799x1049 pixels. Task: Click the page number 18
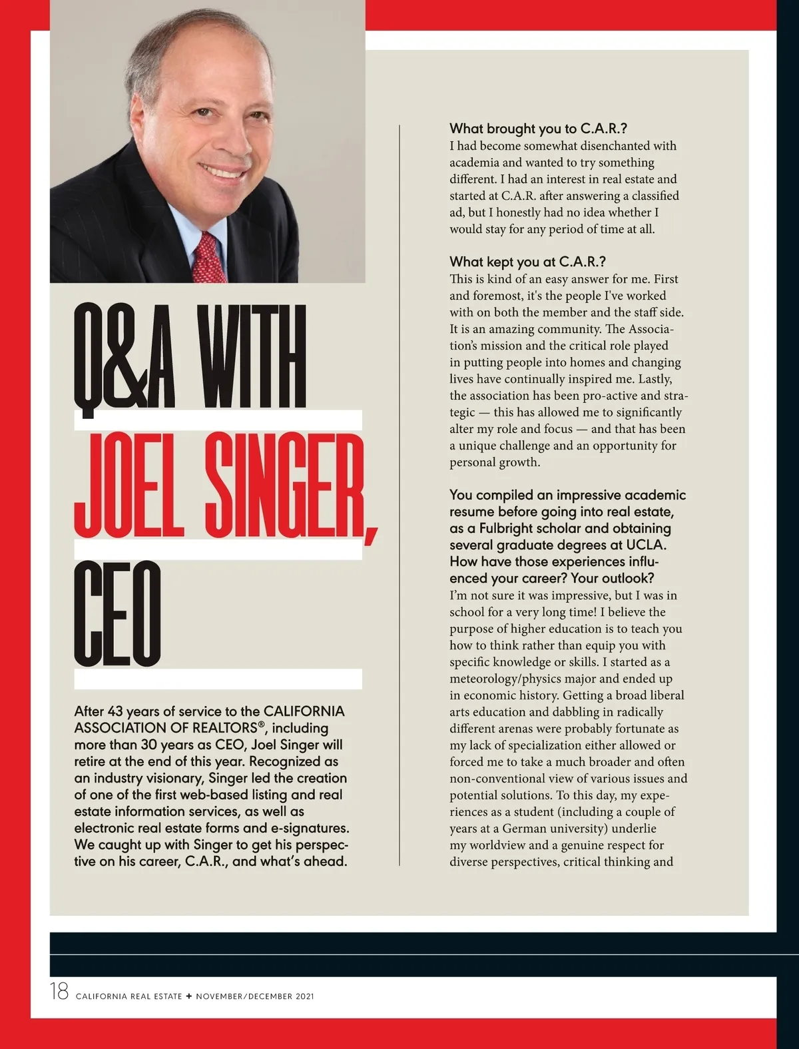59,992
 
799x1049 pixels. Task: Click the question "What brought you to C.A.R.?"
538,129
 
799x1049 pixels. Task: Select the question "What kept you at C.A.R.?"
527,262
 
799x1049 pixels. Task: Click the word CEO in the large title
118,614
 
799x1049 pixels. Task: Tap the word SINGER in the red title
284,486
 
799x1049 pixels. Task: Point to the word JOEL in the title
129,486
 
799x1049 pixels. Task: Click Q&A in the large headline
125,357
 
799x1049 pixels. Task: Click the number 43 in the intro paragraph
115,711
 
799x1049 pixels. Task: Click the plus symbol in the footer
189,996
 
